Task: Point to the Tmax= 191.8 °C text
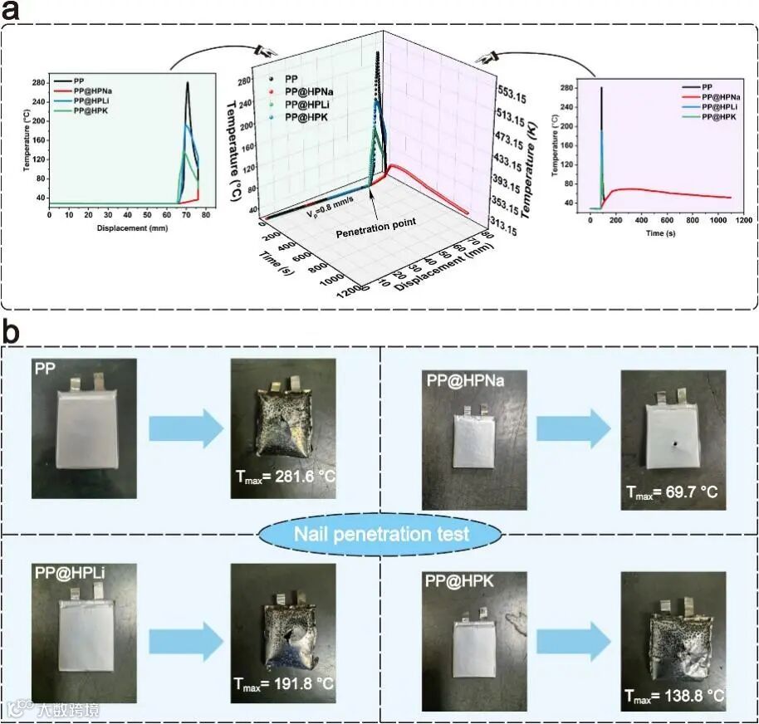pos(285,686)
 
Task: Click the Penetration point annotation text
pos(375,234)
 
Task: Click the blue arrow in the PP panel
pos(185,430)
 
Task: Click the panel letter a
pos(16,14)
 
